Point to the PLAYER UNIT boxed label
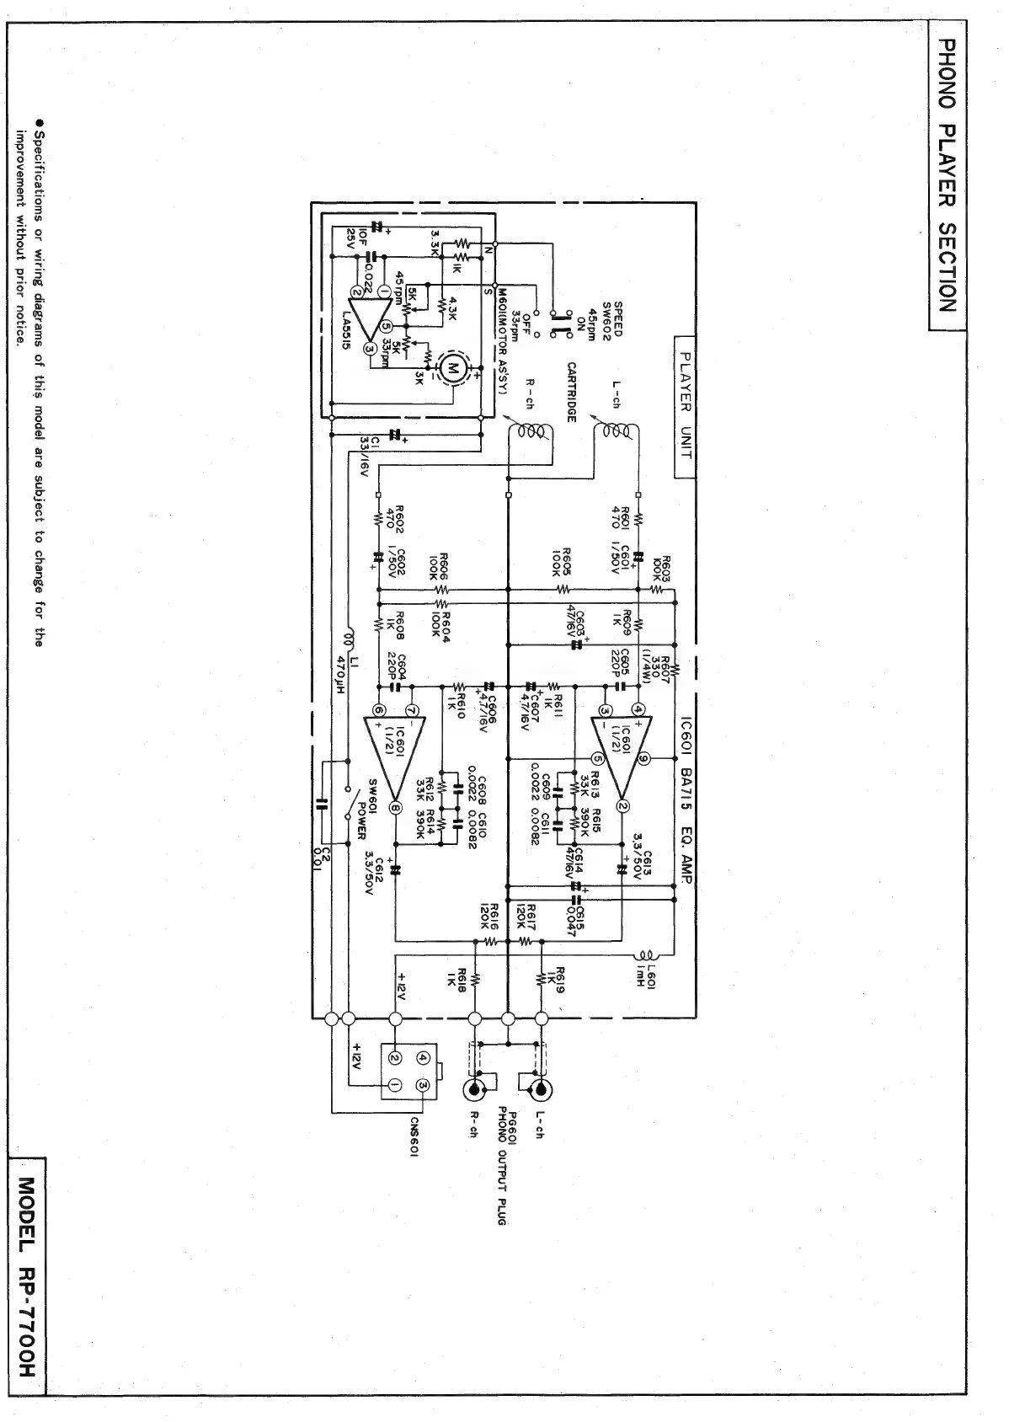pyautogui.click(x=685, y=404)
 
